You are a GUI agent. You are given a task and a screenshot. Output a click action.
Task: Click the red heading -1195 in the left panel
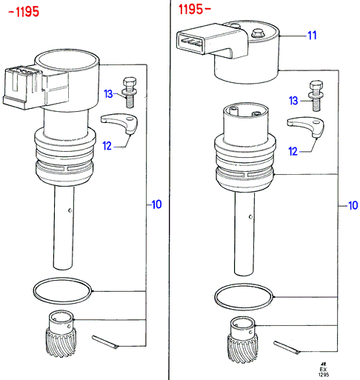(x=24, y=12)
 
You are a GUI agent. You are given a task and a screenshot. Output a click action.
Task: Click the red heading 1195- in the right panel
(x=194, y=10)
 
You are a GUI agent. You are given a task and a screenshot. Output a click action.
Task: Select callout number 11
(x=312, y=36)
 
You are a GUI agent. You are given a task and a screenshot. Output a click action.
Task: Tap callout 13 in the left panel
(x=108, y=94)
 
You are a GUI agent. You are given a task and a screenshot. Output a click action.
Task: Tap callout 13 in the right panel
(x=293, y=101)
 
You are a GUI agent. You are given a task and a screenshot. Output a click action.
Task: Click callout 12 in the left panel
(x=107, y=146)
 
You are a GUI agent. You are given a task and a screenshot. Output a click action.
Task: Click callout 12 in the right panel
(x=293, y=151)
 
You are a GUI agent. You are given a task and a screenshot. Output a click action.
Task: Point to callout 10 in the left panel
(x=156, y=204)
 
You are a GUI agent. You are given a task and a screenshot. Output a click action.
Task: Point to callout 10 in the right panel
(x=353, y=205)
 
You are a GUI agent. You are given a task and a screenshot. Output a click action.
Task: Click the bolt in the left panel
(x=130, y=92)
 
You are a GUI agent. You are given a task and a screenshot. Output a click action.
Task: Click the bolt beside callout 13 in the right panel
(x=316, y=96)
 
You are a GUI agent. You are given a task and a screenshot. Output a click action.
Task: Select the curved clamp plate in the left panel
(x=120, y=123)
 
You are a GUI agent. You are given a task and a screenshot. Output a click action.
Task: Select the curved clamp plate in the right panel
(x=306, y=127)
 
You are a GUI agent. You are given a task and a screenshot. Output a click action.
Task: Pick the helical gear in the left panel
(x=61, y=334)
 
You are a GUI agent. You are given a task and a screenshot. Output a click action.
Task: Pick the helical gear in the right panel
(x=242, y=340)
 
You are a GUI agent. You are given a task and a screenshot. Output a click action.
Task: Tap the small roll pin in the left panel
(x=105, y=342)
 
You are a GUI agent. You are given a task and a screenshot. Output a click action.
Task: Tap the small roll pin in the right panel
(x=287, y=347)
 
